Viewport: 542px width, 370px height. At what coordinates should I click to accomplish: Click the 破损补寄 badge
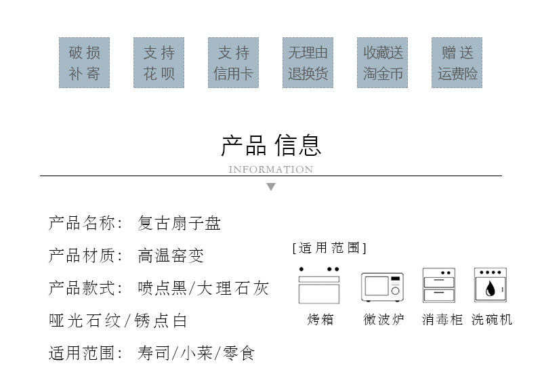tap(85, 62)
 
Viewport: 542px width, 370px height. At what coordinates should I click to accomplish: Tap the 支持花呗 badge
tap(159, 62)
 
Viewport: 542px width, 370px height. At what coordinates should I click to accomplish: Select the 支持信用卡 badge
tap(234, 62)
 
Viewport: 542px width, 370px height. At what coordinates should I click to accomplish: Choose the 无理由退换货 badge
tap(308, 62)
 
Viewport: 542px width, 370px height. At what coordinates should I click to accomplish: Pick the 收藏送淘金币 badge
tap(383, 62)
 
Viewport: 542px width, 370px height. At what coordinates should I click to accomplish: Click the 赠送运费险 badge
tap(458, 62)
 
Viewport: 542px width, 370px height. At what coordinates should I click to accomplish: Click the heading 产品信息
tap(271, 145)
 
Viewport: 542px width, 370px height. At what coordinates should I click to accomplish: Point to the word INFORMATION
tap(271, 169)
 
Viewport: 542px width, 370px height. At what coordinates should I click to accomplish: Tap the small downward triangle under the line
tap(271, 187)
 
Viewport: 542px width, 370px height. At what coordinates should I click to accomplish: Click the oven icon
tap(319, 285)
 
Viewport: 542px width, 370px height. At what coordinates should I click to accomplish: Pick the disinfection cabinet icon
tap(439, 285)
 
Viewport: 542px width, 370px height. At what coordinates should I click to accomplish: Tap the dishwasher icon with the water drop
tap(491, 285)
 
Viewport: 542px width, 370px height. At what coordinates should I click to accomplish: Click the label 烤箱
tap(320, 319)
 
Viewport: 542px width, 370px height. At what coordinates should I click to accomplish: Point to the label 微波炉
tap(383, 319)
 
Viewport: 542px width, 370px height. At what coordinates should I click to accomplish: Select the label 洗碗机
tap(492, 319)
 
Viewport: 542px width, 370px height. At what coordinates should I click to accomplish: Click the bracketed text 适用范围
tap(329, 248)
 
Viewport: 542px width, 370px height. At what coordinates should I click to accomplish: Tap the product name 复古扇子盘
tap(180, 223)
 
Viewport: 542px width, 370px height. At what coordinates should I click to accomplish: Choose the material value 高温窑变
tap(171, 255)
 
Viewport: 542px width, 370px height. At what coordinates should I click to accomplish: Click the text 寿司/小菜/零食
tap(196, 353)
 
